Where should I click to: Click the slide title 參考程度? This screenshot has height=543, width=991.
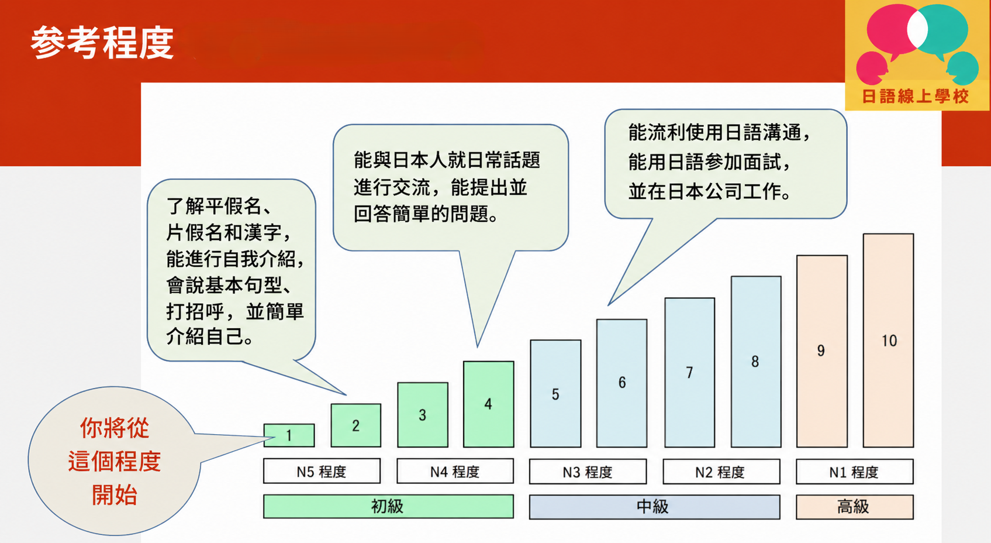pyautogui.click(x=102, y=43)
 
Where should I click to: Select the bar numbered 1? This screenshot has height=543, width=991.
pyautogui.click(x=289, y=435)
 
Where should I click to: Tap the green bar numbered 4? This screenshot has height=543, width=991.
pyautogui.click(x=488, y=404)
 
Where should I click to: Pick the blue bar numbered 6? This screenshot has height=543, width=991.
pyautogui.click(x=621, y=383)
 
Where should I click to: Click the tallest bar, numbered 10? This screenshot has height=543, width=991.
pyautogui.click(x=888, y=341)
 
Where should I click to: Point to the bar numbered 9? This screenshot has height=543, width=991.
pyautogui.click(x=821, y=351)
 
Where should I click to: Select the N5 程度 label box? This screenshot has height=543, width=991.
pyautogui.click(x=322, y=471)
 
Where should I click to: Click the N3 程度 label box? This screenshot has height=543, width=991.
pyautogui.click(x=588, y=472)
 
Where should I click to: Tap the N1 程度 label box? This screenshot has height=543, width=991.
pyautogui.click(x=854, y=472)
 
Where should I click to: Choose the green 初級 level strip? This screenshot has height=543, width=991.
pyautogui.click(x=388, y=506)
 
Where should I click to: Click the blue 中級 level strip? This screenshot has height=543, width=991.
pyautogui.click(x=654, y=507)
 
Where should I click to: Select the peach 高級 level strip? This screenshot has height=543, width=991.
pyautogui.click(x=854, y=507)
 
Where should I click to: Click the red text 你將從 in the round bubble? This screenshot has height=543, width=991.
pyautogui.click(x=115, y=428)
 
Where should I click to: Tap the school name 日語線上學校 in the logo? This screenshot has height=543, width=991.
pyautogui.click(x=916, y=97)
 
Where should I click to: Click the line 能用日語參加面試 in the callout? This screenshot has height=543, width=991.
pyautogui.click(x=709, y=162)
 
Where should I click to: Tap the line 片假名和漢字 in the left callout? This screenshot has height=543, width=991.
pyautogui.click(x=228, y=232)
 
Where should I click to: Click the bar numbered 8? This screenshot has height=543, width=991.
pyautogui.click(x=755, y=362)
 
